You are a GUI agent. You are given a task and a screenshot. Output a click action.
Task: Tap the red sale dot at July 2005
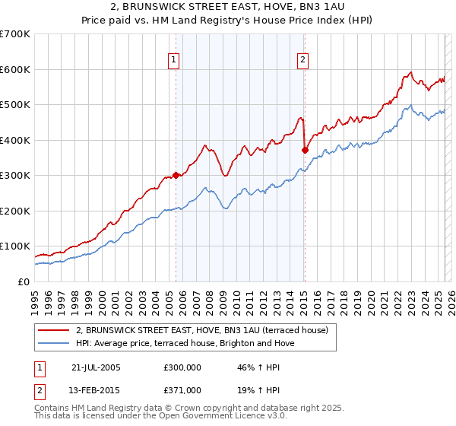176,175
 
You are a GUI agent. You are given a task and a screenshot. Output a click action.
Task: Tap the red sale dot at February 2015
304,151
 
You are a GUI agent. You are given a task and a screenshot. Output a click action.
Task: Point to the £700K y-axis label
15,34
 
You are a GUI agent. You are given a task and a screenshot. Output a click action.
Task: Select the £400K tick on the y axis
15,140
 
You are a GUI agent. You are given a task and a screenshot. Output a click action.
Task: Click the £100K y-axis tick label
15,246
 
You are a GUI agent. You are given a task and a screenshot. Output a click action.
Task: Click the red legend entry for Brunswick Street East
201,330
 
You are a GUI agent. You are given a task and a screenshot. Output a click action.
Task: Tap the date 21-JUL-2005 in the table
96,367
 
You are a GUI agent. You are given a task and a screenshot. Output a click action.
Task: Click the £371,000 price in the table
182,389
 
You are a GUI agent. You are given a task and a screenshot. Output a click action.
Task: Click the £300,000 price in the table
182,367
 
